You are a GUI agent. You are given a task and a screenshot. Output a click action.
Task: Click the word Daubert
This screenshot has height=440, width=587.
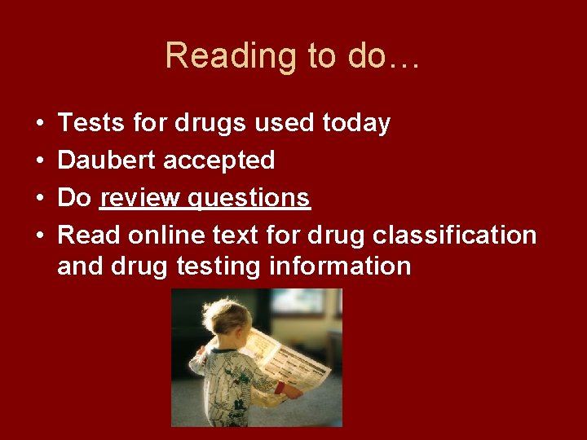108,161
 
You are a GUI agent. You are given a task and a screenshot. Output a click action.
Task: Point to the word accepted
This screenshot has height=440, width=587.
219,161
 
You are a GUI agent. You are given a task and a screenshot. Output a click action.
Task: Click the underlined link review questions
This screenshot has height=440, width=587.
205,198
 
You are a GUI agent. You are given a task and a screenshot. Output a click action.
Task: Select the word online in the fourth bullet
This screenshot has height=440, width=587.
166,235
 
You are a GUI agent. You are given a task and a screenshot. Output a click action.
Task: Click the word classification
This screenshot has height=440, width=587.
455,235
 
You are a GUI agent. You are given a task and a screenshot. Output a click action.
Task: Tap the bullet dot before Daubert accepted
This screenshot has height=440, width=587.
40,161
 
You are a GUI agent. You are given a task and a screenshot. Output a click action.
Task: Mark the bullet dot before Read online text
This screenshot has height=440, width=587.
40,236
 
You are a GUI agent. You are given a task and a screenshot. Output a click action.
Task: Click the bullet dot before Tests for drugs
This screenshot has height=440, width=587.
40,124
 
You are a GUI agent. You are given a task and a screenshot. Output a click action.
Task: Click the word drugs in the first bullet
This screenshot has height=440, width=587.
213,123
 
